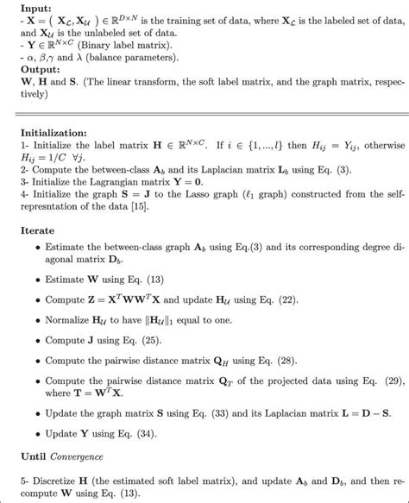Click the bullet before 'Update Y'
pyautogui.click(x=38, y=433)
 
